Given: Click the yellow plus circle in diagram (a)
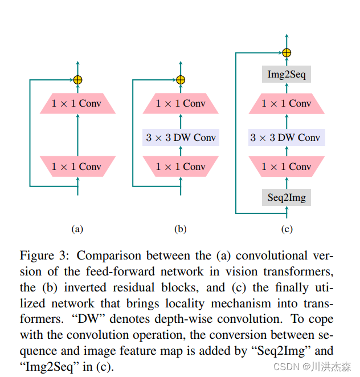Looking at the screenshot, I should tap(77, 80).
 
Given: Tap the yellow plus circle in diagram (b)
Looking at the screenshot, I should tap(181, 80).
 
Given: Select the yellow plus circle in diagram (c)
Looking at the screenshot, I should tap(287, 53).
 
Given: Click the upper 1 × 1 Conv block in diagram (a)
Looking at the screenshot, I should tap(77, 104).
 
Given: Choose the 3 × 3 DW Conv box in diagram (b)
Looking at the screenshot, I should tap(181, 137).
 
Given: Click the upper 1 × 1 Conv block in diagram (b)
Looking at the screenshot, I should tap(181, 104).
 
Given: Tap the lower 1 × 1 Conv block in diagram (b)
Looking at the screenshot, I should tap(181, 167).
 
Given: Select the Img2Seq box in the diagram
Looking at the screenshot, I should tap(287, 74).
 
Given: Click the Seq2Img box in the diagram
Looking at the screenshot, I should tap(287, 198).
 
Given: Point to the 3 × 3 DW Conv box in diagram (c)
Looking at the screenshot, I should tap(286, 137).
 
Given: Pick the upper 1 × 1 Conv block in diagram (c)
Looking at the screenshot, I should tap(286, 104).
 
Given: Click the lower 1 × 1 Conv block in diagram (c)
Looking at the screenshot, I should tap(286, 167).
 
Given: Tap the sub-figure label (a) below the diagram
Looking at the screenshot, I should tap(77, 229).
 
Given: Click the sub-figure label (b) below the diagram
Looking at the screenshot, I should tap(181, 229).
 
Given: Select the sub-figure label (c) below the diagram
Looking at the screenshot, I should tap(287, 229).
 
